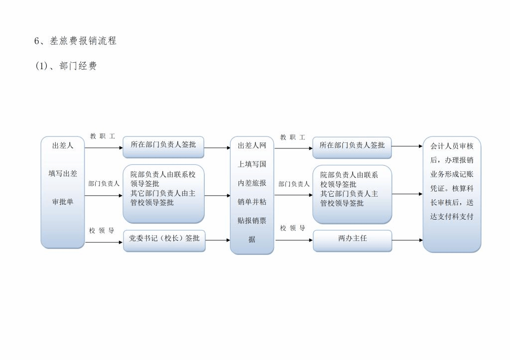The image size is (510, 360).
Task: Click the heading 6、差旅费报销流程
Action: (75, 41)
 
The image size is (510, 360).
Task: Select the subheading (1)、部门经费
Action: (66, 66)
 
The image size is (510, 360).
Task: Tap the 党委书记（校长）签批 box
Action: (164, 239)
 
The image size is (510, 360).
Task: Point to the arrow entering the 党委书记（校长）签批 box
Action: (104, 242)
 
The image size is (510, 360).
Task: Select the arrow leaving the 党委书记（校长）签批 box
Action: (218, 240)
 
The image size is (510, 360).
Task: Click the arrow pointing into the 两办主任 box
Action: (294, 240)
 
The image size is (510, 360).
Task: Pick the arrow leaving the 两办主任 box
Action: (407, 240)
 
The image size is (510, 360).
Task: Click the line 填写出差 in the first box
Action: (63, 174)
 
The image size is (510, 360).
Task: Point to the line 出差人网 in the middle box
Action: (252, 145)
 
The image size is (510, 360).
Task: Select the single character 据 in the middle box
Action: (252, 240)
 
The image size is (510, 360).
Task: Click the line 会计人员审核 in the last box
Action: (452, 146)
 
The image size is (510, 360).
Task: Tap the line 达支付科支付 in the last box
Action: (452, 217)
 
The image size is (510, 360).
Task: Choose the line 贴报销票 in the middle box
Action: (252, 221)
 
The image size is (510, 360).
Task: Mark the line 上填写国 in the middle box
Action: (252, 164)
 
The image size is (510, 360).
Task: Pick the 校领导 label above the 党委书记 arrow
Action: (102, 231)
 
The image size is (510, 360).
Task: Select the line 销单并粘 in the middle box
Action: (252, 202)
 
